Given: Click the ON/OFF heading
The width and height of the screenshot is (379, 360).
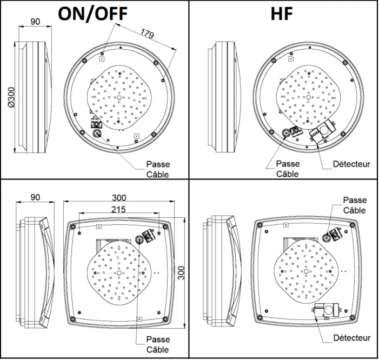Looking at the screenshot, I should click(x=92, y=12).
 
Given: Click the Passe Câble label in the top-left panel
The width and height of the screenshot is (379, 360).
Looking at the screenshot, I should click(x=158, y=169).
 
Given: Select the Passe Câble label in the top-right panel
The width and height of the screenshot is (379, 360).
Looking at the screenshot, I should click(x=288, y=169).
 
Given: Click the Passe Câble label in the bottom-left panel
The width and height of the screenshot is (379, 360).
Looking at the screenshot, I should click(x=158, y=344).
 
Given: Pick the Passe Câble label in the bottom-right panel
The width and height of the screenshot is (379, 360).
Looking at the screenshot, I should click(x=355, y=205).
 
